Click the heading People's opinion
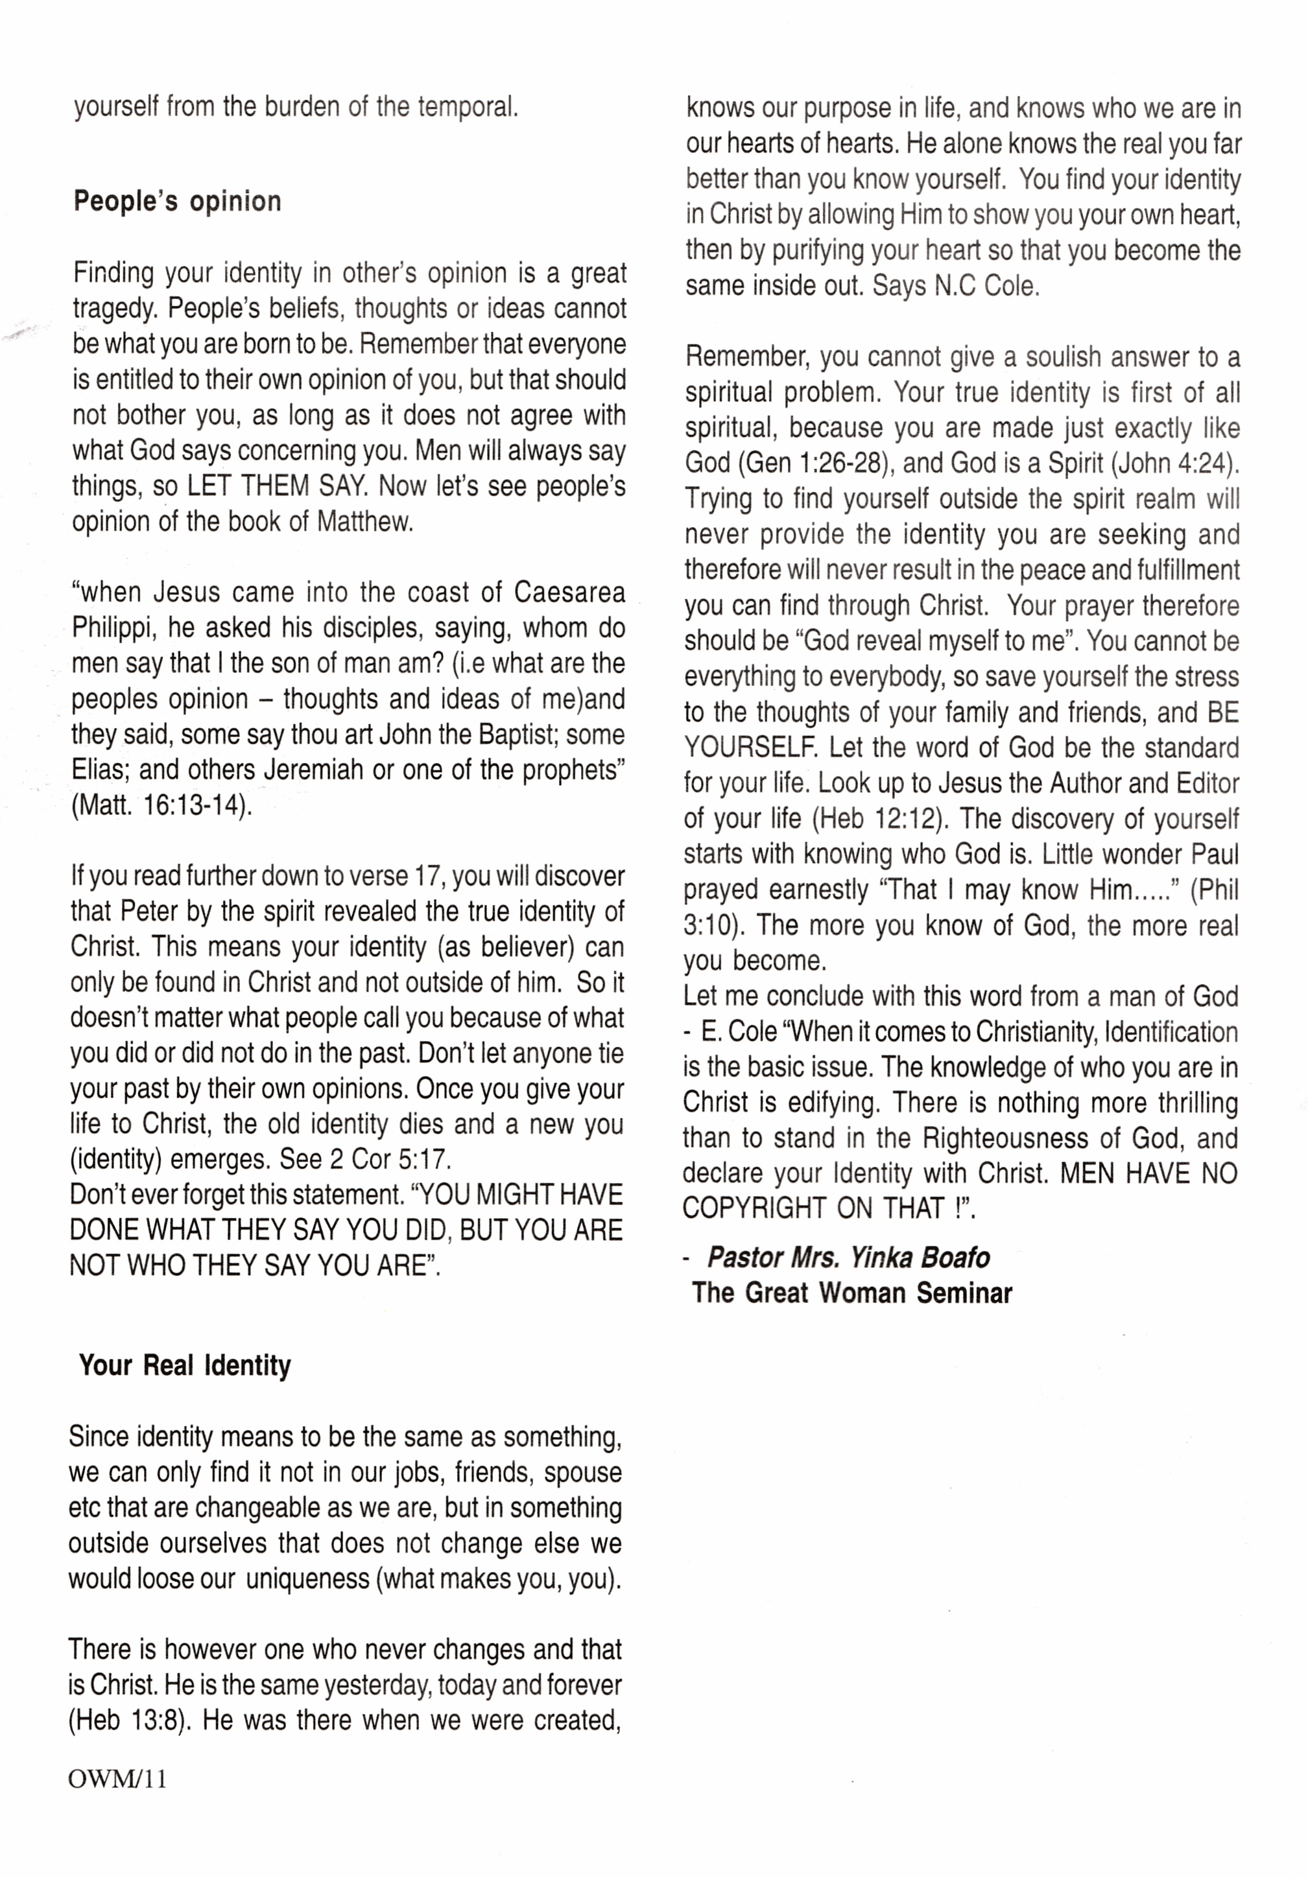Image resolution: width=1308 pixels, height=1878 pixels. pos(178,201)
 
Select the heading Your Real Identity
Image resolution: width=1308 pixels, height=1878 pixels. pos(185,1365)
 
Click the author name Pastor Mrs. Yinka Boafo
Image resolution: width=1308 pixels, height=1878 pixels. pos(848,1257)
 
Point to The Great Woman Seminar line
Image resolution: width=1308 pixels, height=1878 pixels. pos(851,1293)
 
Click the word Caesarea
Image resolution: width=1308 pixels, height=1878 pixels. pos(569,593)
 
